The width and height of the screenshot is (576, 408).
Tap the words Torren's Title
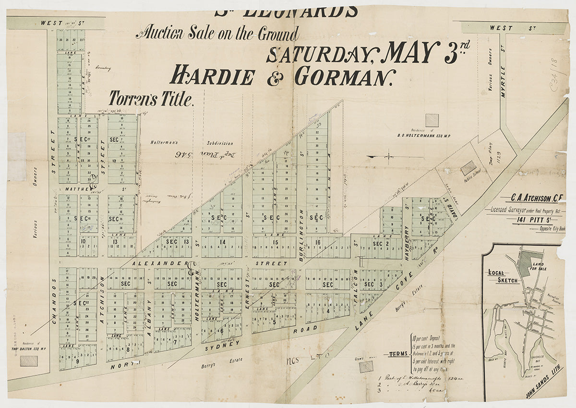click(151, 99)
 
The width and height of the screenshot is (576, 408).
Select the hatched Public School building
click(468, 168)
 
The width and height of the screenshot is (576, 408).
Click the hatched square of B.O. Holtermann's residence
click(432, 120)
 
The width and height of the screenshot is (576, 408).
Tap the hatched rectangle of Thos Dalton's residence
click(29, 360)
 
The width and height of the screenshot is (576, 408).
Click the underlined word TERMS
click(398, 355)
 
